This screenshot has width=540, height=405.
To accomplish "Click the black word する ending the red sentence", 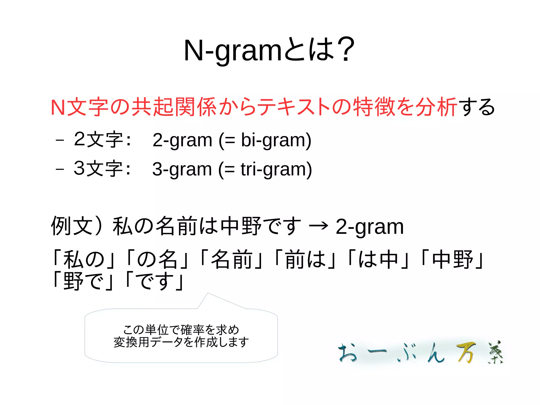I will pyautogui.click(x=477, y=107).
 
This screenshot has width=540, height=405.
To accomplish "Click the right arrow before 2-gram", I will pyautogui.click(x=319, y=226).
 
